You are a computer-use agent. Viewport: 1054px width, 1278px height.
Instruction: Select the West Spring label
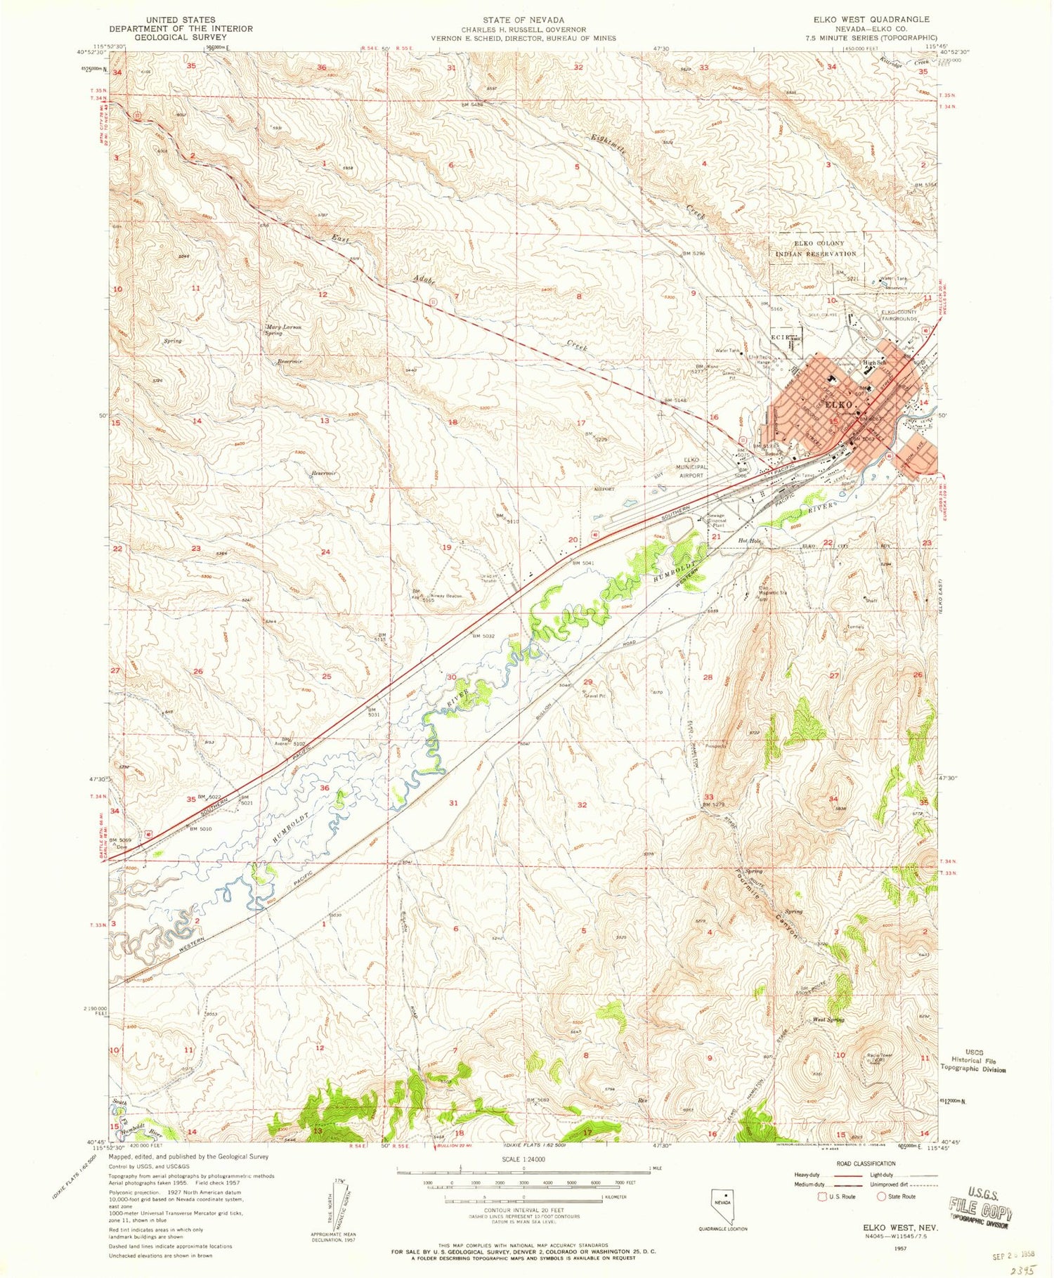click(x=828, y=1019)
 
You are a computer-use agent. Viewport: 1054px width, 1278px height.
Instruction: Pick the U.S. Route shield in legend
click(x=824, y=1196)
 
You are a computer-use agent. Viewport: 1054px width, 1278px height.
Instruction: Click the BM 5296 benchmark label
click(x=691, y=253)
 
